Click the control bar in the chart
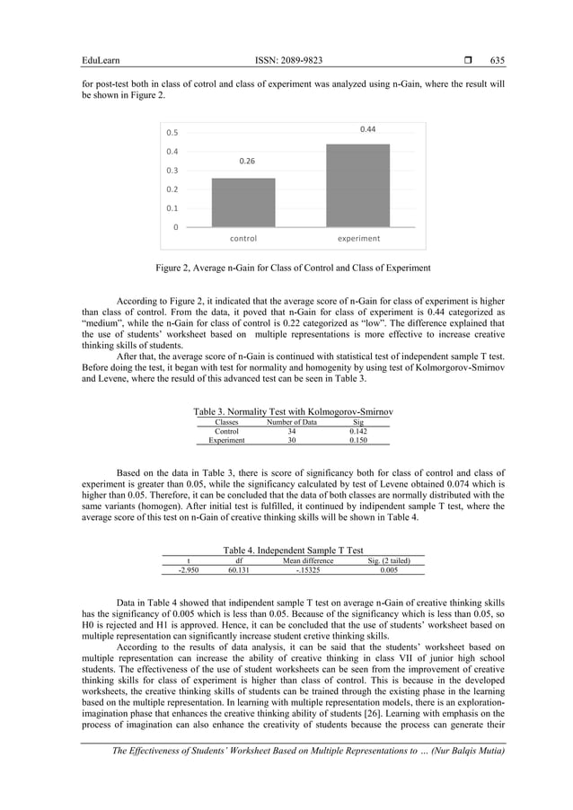(243, 202)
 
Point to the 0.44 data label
(367, 130)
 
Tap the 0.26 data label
(247, 162)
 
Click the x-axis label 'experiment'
(358, 239)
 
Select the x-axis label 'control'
(243, 239)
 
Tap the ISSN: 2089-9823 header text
(289, 60)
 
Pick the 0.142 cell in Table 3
(358, 431)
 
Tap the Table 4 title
(293, 550)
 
